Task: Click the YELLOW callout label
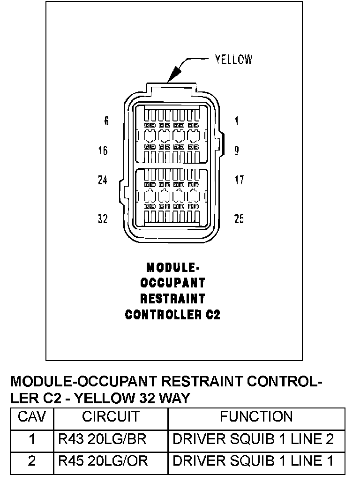(233, 59)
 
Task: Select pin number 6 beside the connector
(106, 121)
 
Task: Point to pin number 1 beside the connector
(237, 121)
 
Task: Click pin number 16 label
(103, 151)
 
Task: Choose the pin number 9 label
(237, 151)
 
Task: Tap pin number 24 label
(103, 180)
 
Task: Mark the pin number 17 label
(239, 180)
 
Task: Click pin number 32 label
(103, 219)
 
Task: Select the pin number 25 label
(239, 219)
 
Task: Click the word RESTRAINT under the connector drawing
(172, 299)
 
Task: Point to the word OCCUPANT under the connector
(172, 283)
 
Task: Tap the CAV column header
(32, 416)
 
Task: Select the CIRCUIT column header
(111, 416)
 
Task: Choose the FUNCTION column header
(256, 416)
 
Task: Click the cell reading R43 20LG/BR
(102, 439)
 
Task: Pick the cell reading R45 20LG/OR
(103, 461)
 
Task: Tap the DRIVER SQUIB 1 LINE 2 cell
(253, 439)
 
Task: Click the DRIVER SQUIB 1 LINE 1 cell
(253, 461)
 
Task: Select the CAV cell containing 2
(31, 461)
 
